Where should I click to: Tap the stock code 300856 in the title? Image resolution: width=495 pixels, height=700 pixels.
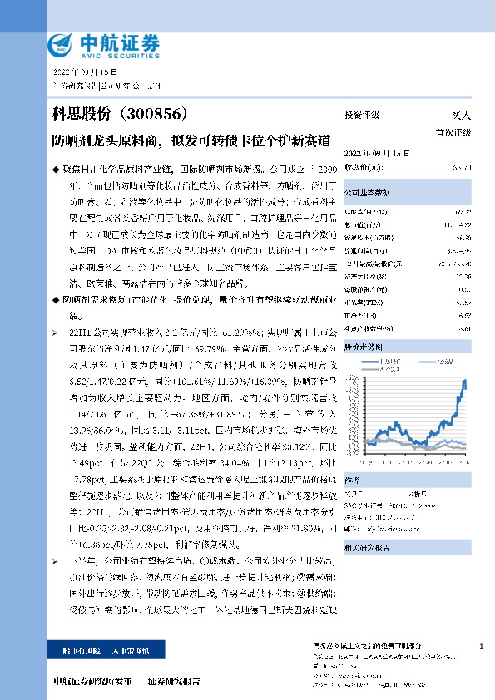168,112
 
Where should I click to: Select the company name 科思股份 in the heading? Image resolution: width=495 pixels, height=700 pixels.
83,112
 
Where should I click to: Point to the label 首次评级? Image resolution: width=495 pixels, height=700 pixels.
453,132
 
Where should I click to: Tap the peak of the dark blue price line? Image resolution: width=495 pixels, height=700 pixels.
463,379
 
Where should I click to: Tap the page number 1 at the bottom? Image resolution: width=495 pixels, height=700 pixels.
482,647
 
